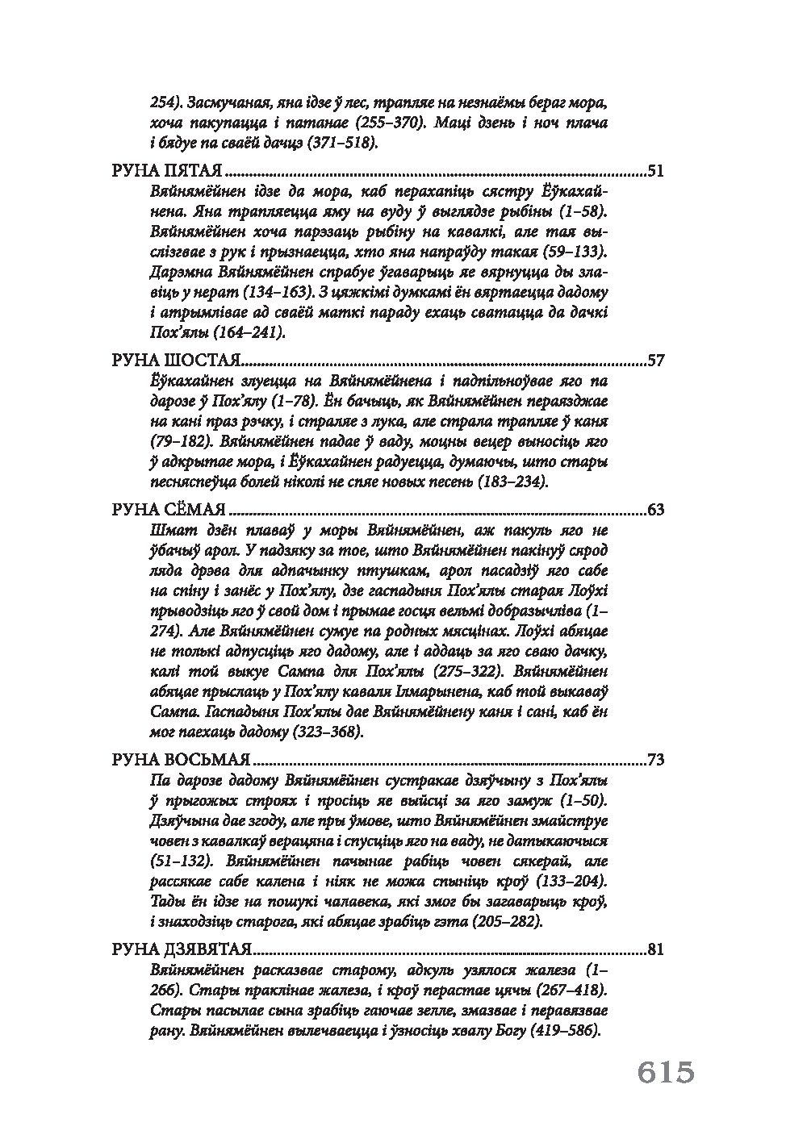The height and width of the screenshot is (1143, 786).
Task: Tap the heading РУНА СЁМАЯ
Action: tap(168, 510)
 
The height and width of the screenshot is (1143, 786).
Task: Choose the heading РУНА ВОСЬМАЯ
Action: tap(180, 760)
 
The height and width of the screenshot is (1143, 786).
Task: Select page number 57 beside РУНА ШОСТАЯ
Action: tap(655, 360)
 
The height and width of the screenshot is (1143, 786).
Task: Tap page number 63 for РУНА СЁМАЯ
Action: tap(655, 510)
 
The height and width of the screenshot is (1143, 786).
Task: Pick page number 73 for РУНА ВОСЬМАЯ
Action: tap(655, 760)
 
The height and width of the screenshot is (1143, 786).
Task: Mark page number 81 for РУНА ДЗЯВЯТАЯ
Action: tap(655, 949)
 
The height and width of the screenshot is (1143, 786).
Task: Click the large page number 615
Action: tap(666, 1073)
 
